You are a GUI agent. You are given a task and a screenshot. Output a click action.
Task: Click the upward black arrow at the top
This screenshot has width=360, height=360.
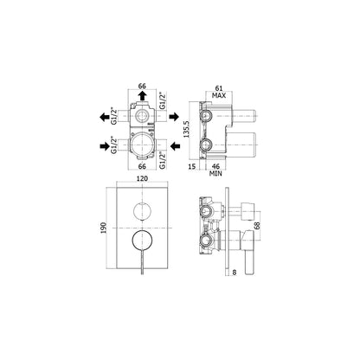142,96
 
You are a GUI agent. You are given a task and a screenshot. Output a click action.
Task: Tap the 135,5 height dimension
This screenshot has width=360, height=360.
186,129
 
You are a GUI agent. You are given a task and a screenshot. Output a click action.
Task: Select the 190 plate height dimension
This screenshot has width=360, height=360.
104,228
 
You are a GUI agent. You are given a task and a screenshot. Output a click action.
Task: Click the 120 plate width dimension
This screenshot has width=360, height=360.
142,178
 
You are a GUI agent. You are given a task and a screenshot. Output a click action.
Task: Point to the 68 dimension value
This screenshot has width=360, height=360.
257,225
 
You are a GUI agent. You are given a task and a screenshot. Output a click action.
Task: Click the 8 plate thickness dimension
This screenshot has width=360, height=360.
235,272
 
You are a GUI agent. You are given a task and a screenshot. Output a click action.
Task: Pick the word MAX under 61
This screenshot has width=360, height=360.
219,95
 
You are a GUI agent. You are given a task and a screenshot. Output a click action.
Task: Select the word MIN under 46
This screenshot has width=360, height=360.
215,174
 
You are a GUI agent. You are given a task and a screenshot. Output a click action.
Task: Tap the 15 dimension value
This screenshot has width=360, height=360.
192,166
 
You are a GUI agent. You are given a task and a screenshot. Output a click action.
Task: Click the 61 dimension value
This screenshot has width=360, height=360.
219,88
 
